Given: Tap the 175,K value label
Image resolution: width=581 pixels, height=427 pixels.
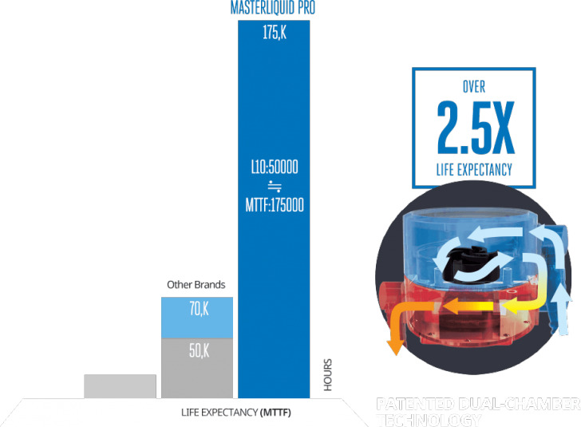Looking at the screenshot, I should click(x=274, y=34).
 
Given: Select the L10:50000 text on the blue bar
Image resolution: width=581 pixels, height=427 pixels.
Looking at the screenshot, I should click(x=274, y=168).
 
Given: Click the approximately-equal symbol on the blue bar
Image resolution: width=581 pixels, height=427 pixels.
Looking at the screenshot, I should click(x=274, y=188).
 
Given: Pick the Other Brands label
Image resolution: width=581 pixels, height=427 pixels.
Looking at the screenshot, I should click(x=196, y=285).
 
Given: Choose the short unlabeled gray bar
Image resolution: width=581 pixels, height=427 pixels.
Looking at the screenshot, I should click(x=120, y=385).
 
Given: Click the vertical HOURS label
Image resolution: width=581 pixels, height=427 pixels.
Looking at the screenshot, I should click(x=327, y=376).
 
